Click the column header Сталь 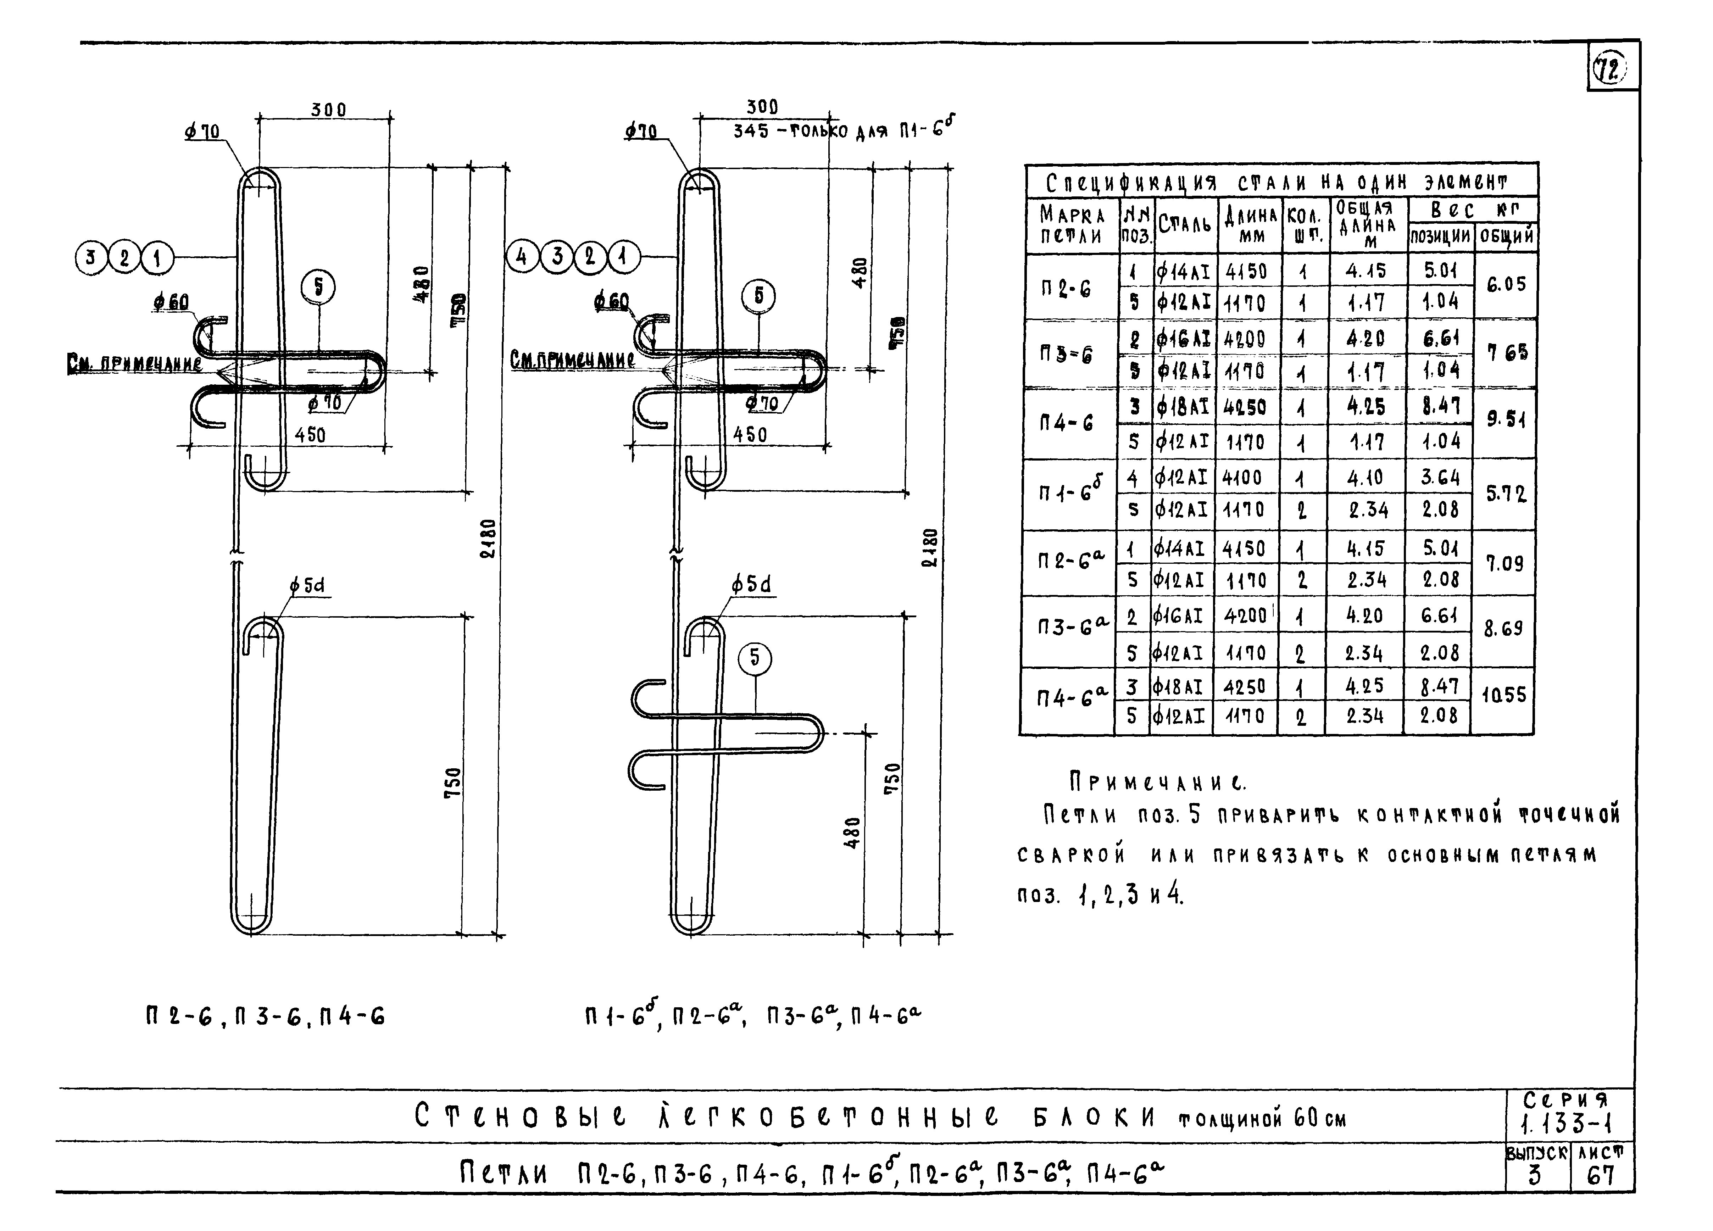(x=1184, y=223)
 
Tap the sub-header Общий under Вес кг (x=1506, y=236)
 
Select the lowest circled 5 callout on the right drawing (x=755, y=658)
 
